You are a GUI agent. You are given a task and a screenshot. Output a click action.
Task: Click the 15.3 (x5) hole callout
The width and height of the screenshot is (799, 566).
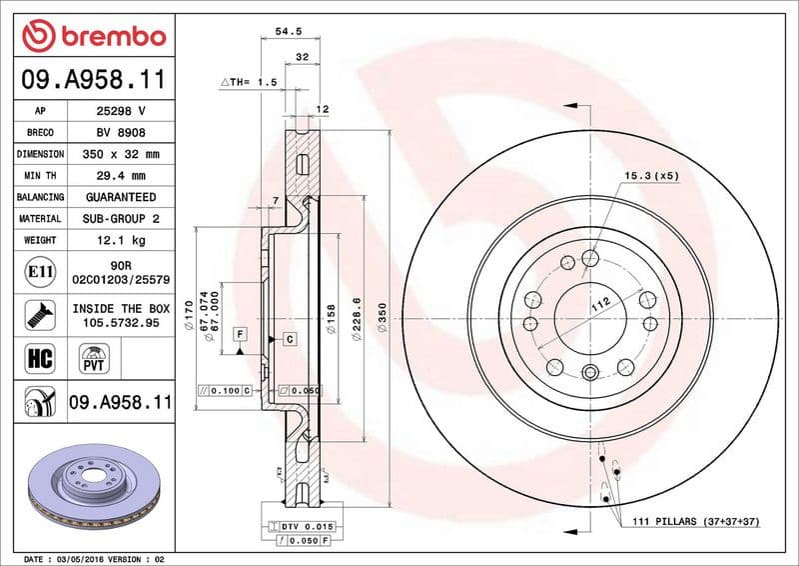(x=651, y=176)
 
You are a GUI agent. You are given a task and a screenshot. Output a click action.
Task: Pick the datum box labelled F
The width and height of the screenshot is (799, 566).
(x=240, y=332)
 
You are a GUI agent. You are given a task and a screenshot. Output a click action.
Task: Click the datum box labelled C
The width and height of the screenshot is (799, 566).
(x=289, y=339)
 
